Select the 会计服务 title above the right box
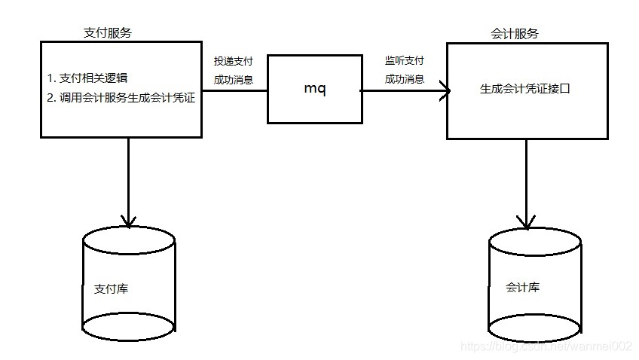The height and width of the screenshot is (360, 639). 515,34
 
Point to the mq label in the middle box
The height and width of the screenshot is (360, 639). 314,89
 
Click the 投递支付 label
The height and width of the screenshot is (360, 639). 234,60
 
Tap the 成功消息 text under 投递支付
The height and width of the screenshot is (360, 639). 234,78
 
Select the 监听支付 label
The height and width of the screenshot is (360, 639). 405,60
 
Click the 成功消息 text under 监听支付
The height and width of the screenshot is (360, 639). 405,78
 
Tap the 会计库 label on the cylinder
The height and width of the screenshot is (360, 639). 522,288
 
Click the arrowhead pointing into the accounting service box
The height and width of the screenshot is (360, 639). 445,91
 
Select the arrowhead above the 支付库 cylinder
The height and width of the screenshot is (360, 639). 129,221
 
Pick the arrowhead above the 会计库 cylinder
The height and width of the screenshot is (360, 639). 526,222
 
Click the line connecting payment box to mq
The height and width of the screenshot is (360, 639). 236,91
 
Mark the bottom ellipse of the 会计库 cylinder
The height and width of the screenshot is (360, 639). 535,328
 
